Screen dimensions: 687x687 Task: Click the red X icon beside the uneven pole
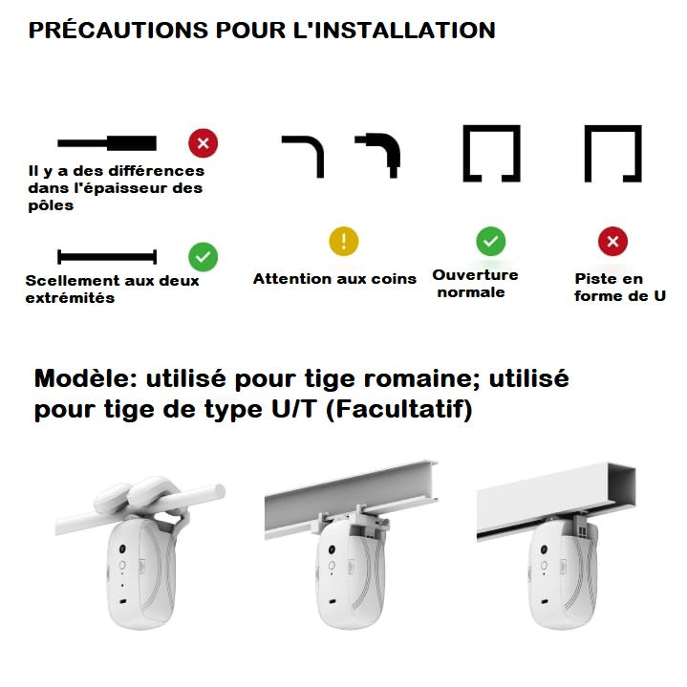[203, 144]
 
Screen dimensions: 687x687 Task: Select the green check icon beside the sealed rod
[203, 256]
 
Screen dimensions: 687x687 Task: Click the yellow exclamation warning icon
[344, 241]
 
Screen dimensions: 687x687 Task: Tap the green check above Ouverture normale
[490, 241]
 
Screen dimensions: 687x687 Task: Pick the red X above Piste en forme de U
[612, 241]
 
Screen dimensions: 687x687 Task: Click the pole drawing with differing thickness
[107, 144]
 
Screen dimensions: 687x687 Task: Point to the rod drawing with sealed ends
[106, 256]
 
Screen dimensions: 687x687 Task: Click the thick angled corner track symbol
[379, 153]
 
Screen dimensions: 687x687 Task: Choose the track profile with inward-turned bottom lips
[491, 154]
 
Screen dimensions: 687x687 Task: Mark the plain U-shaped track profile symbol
[612, 154]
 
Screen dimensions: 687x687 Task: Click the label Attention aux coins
[334, 279]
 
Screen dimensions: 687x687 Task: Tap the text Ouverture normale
[475, 283]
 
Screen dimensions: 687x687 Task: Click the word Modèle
[85, 379]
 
